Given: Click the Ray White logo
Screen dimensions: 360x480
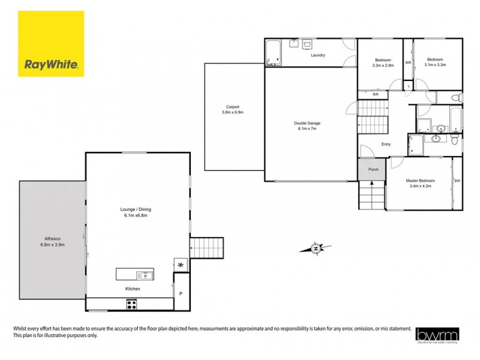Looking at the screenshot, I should [51, 44].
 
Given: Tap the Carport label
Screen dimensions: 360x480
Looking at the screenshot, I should [233, 107].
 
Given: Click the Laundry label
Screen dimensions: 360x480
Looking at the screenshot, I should [318, 55].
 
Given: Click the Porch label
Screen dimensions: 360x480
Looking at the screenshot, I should [373, 170].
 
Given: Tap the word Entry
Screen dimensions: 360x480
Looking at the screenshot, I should [386, 143].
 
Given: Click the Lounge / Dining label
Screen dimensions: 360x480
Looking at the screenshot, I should [136, 209].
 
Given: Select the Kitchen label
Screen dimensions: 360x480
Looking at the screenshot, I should [133, 289].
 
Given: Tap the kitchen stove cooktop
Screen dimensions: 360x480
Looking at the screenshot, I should [131, 304].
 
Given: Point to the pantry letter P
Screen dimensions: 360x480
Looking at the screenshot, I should [181, 293].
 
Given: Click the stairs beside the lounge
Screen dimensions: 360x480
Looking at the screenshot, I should [206, 247].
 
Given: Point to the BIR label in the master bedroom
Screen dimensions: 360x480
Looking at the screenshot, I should [457, 181].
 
